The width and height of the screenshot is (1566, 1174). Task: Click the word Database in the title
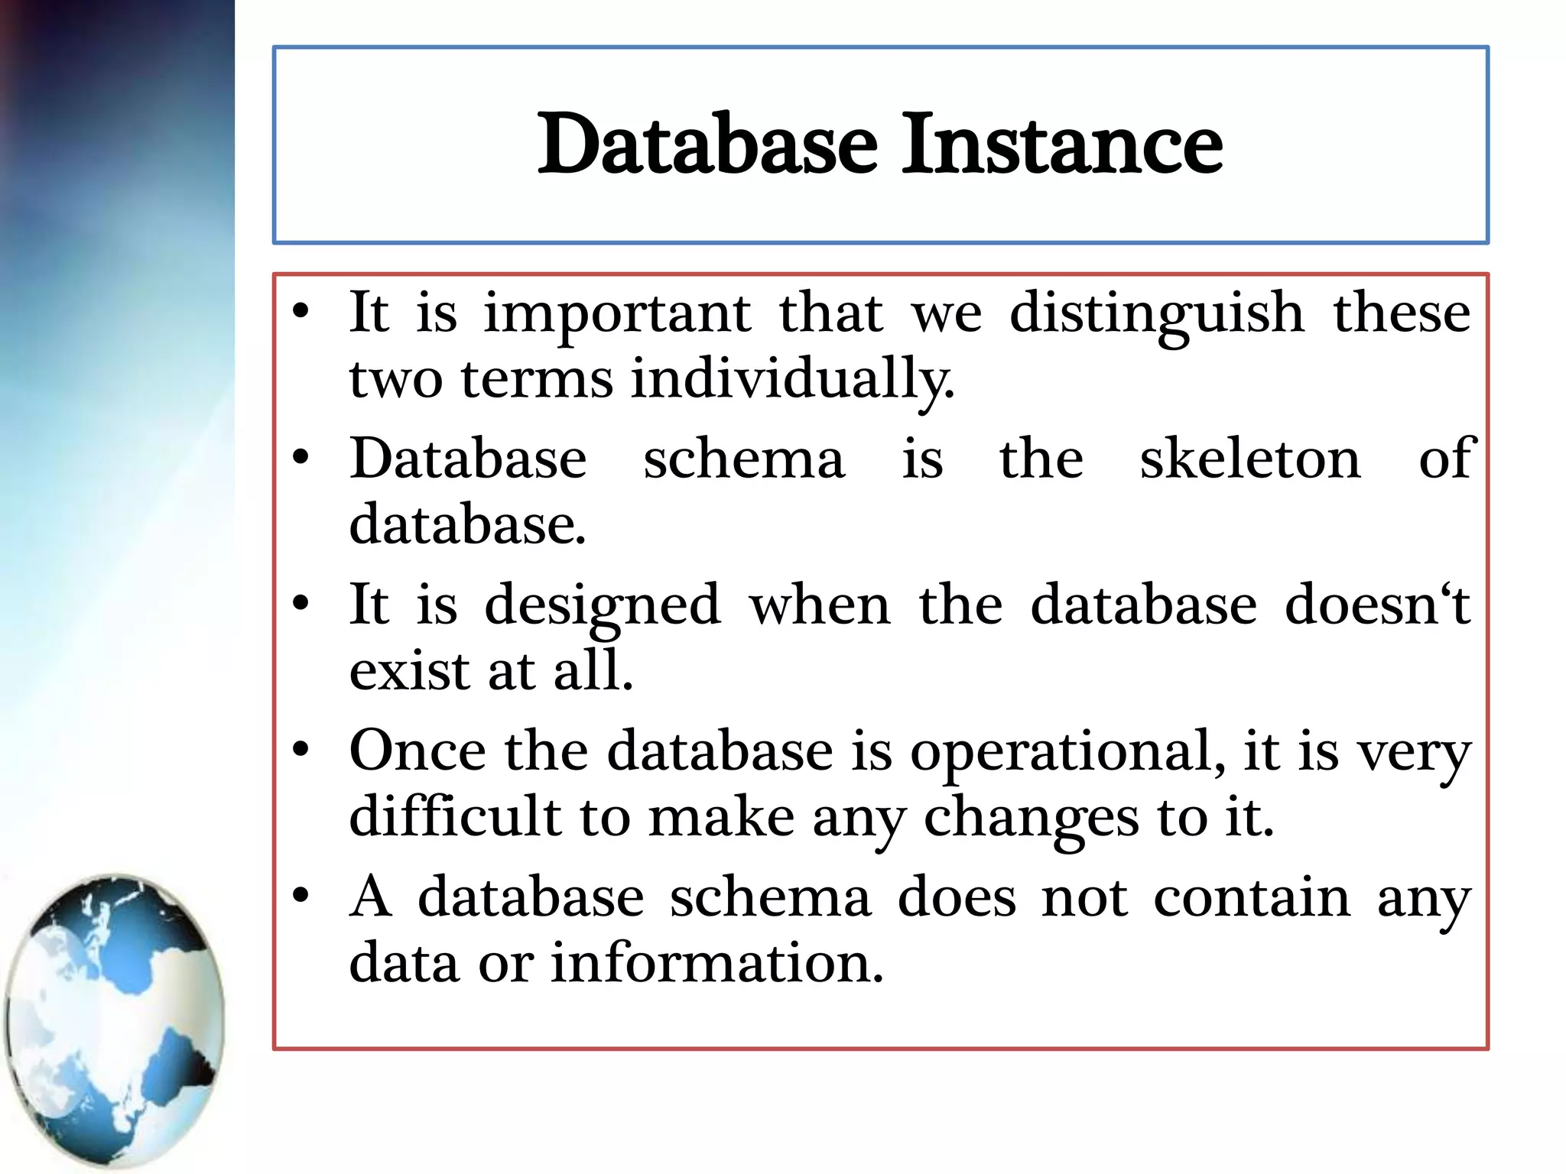707,144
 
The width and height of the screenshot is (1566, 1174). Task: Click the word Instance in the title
1063,144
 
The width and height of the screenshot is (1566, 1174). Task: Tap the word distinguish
1157,315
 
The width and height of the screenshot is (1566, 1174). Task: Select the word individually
792,380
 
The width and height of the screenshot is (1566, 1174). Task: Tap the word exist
409,671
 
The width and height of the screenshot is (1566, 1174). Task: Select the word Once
417,751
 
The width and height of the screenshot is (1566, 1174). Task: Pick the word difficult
456,816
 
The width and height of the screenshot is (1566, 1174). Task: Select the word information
717,962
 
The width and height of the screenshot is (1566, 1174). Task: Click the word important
618,315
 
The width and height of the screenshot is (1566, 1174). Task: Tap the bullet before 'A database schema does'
301,895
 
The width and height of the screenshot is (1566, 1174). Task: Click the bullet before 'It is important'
301,311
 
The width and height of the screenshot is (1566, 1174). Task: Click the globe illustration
115,1020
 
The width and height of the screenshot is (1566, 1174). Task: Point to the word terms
537,380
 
